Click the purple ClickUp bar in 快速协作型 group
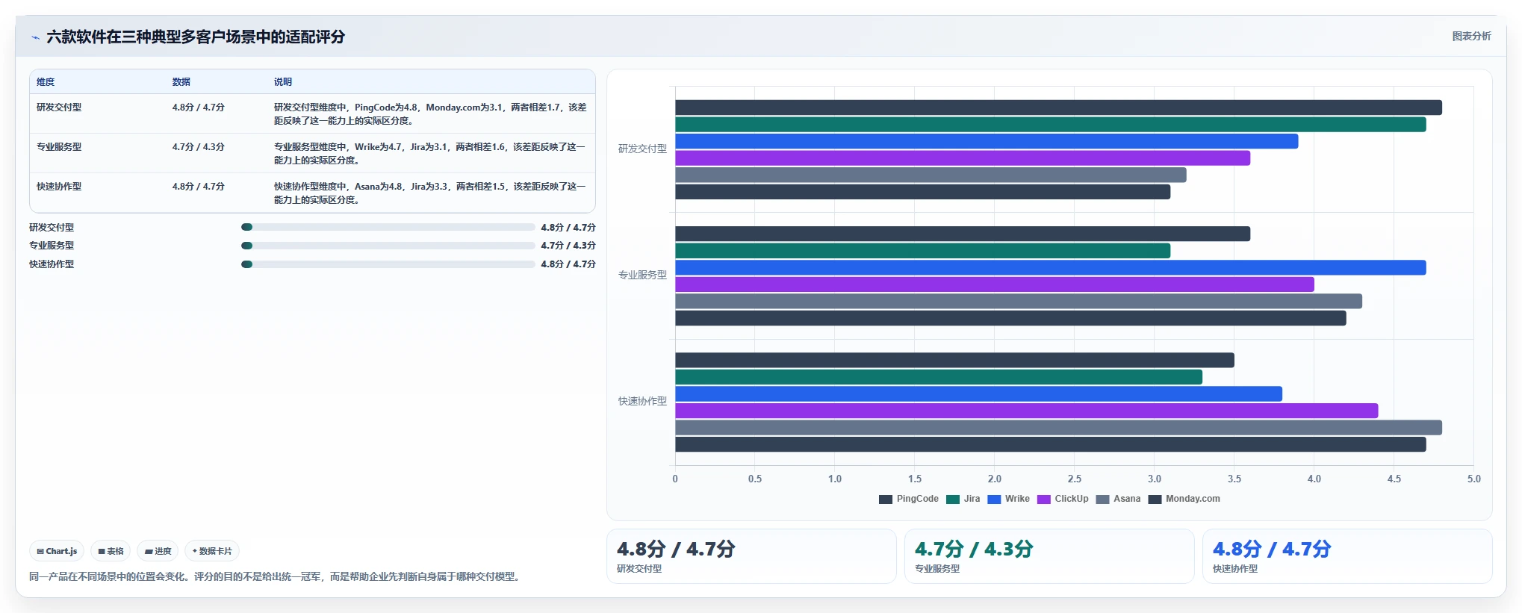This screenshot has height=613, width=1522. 1026,411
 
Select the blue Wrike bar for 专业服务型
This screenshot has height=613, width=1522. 1050,267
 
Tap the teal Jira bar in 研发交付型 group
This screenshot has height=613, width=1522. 1050,125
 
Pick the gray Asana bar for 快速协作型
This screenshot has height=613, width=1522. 1058,428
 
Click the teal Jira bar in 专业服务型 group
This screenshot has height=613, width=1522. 922,251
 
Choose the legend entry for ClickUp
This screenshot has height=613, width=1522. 1063,499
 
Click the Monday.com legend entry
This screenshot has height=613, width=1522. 1184,499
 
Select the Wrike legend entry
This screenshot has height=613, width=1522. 1008,499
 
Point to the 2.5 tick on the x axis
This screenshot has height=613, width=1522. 1075,479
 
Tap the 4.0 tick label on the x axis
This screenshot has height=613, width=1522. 1314,479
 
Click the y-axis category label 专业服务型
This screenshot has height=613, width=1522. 642,275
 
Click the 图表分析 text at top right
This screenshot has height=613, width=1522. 1471,36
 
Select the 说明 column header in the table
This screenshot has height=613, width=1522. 283,82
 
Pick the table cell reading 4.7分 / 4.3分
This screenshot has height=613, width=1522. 199,147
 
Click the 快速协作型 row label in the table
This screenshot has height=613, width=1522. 59,187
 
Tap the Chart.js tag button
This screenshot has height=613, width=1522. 57,551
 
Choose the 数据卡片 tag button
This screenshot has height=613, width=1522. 212,551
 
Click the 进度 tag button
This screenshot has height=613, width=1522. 158,551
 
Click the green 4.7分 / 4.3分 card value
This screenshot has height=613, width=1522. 974,550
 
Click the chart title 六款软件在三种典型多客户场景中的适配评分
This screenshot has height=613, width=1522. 196,37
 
